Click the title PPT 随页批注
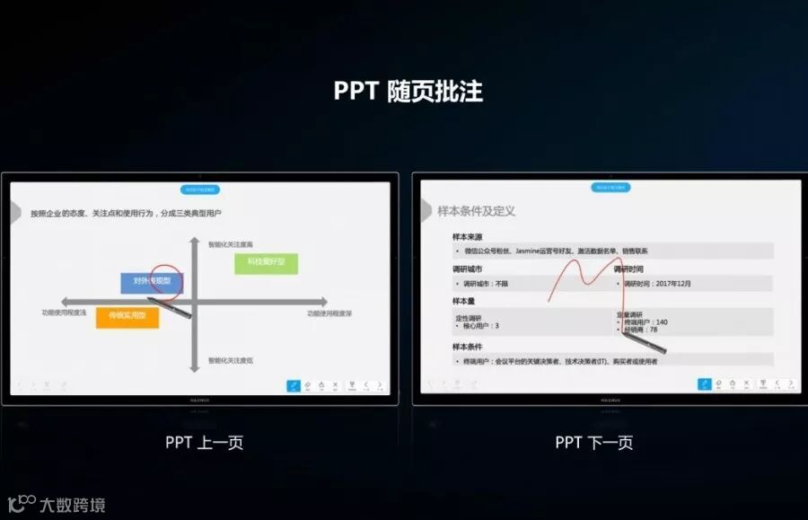tap(408, 92)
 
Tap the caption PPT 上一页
tap(204, 442)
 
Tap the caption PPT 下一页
tap(593, 442)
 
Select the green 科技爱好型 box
tap(266, 262)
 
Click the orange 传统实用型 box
tap(127, 316)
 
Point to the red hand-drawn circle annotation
tap(166, 280)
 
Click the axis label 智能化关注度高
tap(230, 244)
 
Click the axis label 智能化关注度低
tap(230, 360)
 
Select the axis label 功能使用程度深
tap(329, 313)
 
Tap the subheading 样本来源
tap(470, 237)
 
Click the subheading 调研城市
tap(469, 269)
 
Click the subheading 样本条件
tap(469, 347)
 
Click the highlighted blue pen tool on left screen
tap(293, 385)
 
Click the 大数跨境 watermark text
tap(71, 505)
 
